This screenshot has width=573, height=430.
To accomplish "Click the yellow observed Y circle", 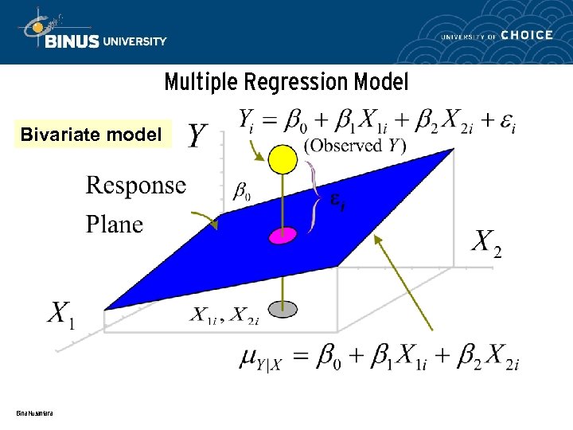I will pyautogui.click(x=283, y=159).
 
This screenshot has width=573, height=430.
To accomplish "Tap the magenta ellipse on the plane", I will pyautogui.click(x=282, y=235).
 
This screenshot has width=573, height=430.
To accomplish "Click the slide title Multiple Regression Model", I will pyautogui.click(x=286, y=82).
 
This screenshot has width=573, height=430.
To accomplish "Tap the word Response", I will pyautogui.click(x=135, y=186).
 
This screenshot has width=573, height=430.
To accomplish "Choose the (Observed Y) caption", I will pyautogui.click(x=355, y=145).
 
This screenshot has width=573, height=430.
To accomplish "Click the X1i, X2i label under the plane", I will pyautogui.click(x=225, y=315).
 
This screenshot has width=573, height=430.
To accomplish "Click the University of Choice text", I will pyautogui.click(x=497, y=35).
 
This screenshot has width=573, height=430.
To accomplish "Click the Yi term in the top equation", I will pyautogui.click(x=248, y=120).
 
